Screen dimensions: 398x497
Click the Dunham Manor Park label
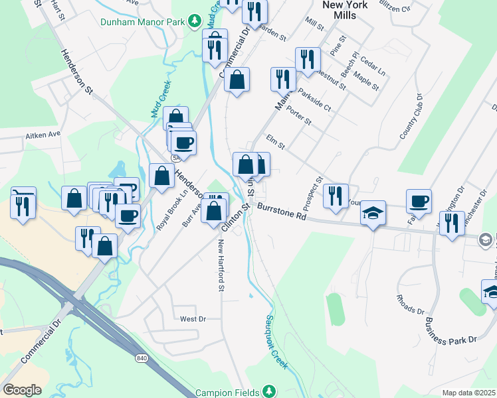143,21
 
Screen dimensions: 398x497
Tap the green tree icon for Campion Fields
268,390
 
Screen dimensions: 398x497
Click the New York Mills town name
345,9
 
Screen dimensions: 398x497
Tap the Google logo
22,389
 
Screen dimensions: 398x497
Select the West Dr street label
193,319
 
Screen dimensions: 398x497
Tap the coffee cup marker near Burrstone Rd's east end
419,200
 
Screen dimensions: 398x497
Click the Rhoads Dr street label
411,305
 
